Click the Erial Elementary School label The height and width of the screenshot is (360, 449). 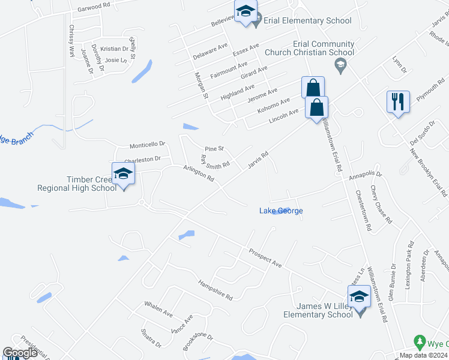point(309,21)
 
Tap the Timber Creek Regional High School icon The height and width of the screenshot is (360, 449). point(123,174)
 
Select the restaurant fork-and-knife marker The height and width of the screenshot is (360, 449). point(398,102)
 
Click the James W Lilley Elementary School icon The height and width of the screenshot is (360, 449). point(359,297)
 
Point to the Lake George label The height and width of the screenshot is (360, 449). point(281,211)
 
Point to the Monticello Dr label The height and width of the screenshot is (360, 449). point(147,145)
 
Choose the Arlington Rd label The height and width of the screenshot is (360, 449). point(198,175)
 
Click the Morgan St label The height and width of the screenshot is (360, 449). point(201,85)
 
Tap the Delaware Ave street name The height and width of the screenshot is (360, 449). point(211,51)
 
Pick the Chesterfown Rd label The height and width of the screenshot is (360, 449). point(363,210)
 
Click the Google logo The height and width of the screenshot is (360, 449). point(20,353)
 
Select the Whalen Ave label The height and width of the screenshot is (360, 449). point(158,310)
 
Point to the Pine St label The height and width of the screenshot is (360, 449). point(214,148)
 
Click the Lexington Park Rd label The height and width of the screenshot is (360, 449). point(409,265)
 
